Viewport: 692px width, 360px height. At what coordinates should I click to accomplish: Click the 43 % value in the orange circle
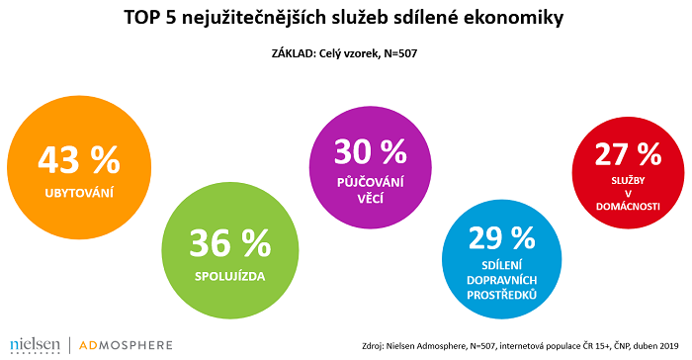78,158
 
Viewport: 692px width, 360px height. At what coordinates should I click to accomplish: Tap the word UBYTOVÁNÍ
78,192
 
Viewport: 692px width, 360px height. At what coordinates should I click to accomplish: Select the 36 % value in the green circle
230,240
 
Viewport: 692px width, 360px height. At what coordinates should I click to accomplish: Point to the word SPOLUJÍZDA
230,273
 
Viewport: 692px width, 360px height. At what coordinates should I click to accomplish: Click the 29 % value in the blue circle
500,236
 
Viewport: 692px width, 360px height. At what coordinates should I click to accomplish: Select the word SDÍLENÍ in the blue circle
500,266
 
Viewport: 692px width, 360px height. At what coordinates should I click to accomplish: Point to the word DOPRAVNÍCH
500,282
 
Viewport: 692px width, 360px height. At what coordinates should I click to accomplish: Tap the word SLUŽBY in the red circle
627,182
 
